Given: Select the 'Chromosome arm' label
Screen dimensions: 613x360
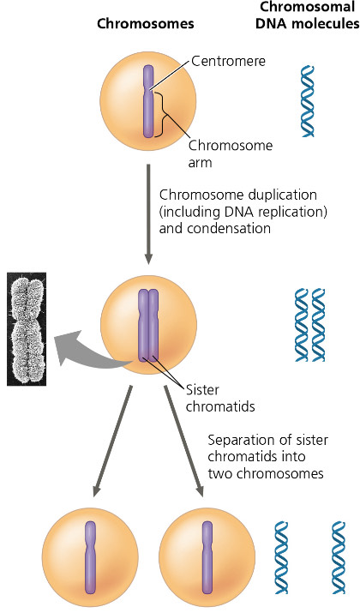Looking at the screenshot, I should point(219,150).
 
